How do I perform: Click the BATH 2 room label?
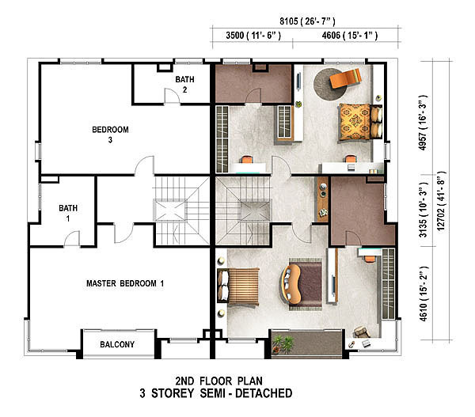coord(184,85)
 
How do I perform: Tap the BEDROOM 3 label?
coord(110,135)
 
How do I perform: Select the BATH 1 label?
coord(68,213)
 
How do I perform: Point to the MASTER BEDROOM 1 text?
coord(125,283)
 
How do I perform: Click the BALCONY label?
coord(117,344)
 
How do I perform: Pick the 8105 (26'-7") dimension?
coord(307,21)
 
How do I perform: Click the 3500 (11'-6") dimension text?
coord(253,36)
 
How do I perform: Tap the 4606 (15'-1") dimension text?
coord(350,36)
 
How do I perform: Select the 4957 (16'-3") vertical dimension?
coord(423,123)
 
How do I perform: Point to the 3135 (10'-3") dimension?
coord(423,210)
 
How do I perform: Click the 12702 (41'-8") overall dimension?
coord(441,201)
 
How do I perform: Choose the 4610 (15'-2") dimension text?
coord(423,294)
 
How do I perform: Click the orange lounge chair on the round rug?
coord(345,78)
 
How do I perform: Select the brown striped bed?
coord(238,286)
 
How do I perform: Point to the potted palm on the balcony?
coord(283,344)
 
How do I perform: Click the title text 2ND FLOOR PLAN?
coord(218,381)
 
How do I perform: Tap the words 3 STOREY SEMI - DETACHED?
coord(216,393)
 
